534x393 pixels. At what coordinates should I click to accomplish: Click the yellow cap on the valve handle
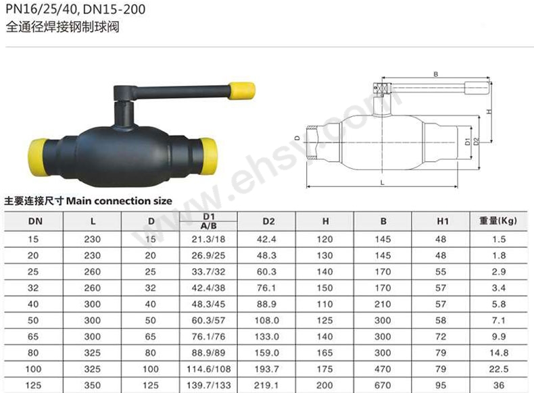pyautogui.click(x=242, y=91)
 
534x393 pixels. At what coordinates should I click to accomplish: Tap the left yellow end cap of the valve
pyautogui.click(x=37, y=157)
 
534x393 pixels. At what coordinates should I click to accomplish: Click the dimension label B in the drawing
pyautogui.click(x=435, y=74)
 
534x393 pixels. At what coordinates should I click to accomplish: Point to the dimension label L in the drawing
pyautogui.click(x=382, y=183)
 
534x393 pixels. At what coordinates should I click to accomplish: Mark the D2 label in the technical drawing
pyautogui.click(x=476, y=141)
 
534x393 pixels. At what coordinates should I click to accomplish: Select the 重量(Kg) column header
pyautogui.click(x=498, y=221)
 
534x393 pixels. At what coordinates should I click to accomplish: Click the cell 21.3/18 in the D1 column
pyautogui.click(x=208, y=239)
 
